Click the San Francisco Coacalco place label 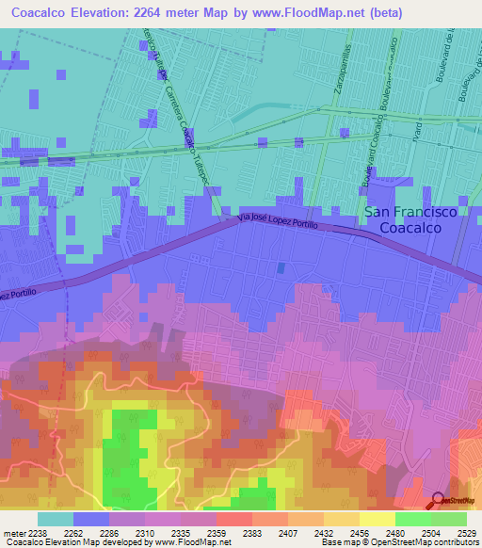click(410, 219)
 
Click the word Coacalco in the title click(47, 12)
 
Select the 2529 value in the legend click(467, 532)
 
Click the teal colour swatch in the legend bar click(56, 518)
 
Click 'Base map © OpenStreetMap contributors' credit click(398, 542)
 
